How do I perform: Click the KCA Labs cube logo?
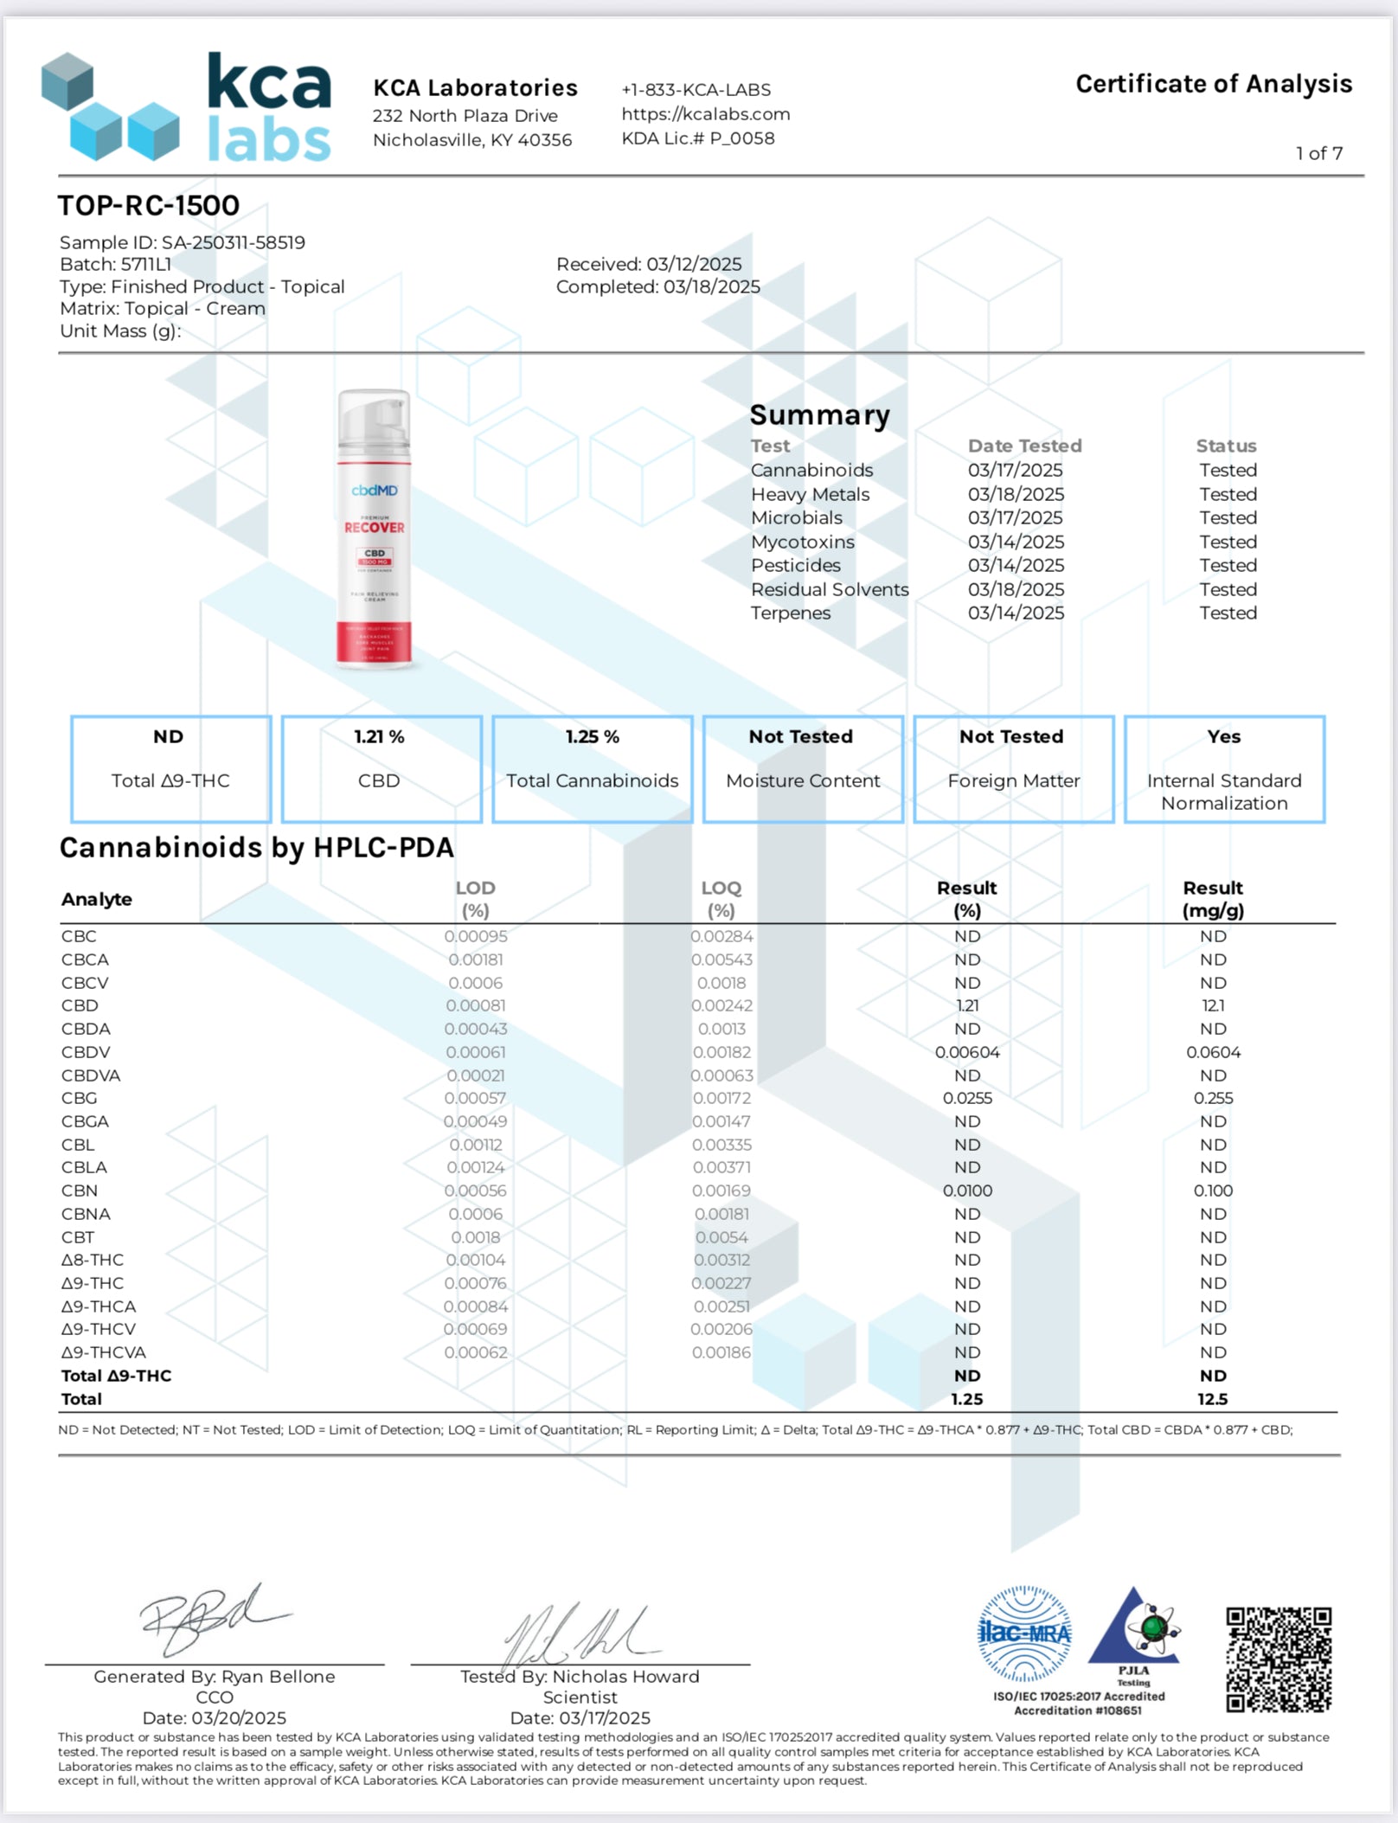(x=110, y=107)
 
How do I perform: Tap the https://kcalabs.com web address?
(x=705, y=114)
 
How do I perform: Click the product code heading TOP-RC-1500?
(x=149, y=206)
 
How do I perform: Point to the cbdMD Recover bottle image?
(x=375, y=530)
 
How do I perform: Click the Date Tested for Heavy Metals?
(x=1016, y=494)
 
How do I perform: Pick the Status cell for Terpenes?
(x=1228, y=613)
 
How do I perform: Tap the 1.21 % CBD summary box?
(x=381, y=768)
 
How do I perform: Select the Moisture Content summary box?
(x=802, y=768)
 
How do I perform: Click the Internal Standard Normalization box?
(x=1224, y=768)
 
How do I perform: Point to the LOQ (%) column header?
(x=721, y=899)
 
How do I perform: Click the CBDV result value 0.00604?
(x=967, y=1052)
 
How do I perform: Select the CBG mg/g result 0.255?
(x=1213, y=1098)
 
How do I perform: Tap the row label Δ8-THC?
(x=93, y=1260)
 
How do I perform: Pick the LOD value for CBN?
(x=475, y=1191)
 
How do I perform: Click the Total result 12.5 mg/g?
(x=1213, y=1399)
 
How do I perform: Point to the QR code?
(x=1279, y=1659)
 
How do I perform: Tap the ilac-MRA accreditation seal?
(x=1024, y=1634)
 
